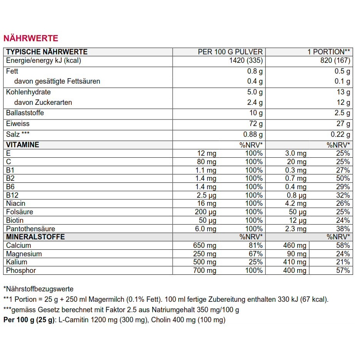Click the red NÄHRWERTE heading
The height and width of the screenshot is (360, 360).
(x=31, y=38)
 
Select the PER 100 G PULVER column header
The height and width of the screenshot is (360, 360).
(x=230, y=52)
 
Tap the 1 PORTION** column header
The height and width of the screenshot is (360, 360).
(x=328, y=52)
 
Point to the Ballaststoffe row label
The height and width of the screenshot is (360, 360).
(x=25, y=113)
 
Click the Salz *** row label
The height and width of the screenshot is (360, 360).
(x=18, y=135)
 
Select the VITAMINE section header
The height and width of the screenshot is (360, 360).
(x=23, y=145)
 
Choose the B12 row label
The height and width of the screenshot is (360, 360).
(x=12, y=195)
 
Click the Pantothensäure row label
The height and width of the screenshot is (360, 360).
(x=30, y=229)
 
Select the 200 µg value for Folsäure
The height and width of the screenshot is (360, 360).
(x=205, y=212)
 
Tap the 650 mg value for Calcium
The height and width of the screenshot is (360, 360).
(x=204, y=246)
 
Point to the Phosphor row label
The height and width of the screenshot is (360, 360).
(x=21, y=271)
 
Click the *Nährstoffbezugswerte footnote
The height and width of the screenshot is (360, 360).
(x=38, y=289)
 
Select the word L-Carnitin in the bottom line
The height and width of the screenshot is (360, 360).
(x=73, y=320)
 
